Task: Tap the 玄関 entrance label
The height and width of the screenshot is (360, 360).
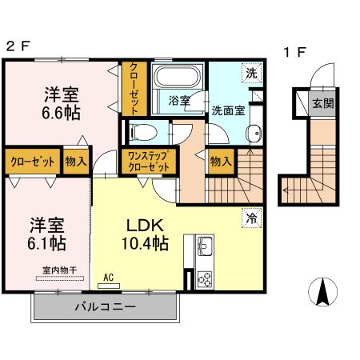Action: [x=322, y=103]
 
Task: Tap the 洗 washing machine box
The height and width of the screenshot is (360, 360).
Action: [x=251, y=72]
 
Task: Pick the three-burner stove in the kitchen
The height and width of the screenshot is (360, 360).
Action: [x=204, y=279]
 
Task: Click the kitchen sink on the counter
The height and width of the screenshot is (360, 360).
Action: [x=203, y=246]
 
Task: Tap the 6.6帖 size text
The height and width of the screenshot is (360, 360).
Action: [x=61, y=113]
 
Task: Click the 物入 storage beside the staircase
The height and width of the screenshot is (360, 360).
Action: [x=220, y=161]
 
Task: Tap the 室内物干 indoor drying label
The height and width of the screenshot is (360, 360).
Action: [x=54, y=272]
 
